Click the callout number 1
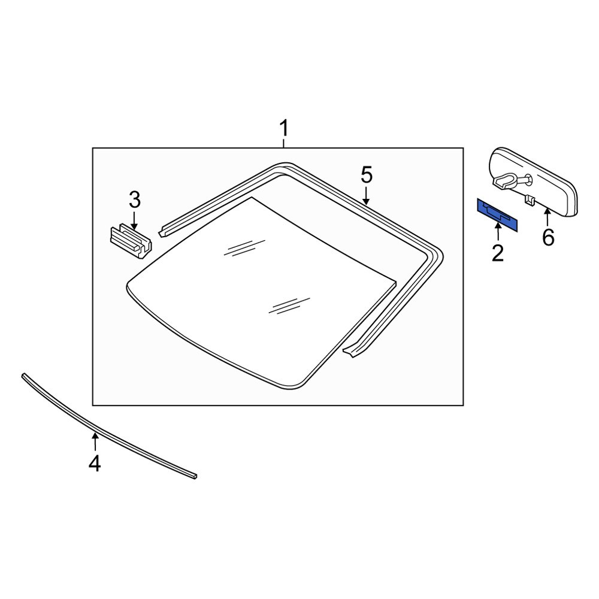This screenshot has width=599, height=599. (284, 128)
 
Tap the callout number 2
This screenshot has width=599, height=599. (498, 253)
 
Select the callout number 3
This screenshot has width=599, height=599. (134, 199)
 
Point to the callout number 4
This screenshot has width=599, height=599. (95, 463)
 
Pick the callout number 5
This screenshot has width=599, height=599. (367, 176)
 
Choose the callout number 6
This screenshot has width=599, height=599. (548, 237)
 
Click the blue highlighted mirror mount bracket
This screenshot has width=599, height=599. (498, 215)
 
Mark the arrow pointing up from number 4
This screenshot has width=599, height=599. (95, 442)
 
